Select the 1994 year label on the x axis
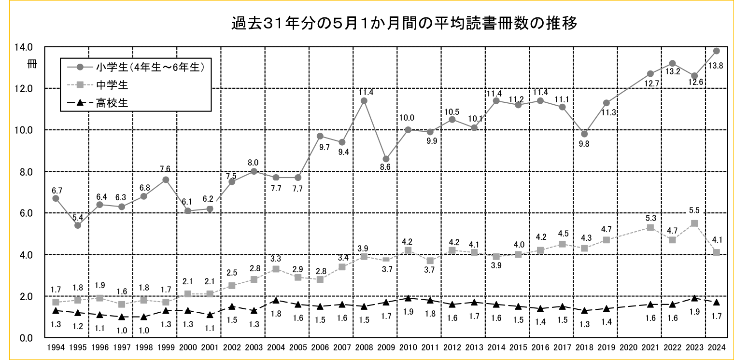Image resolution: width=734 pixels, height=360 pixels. [x=55, y=346]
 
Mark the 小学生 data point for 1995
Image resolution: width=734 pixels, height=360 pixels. [x=78, y=225]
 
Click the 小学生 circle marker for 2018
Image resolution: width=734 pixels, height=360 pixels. [x=584, y=134]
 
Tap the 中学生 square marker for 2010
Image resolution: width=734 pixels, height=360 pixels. [x=408, y=250]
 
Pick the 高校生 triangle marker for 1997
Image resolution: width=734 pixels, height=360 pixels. [x=122, y=317]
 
